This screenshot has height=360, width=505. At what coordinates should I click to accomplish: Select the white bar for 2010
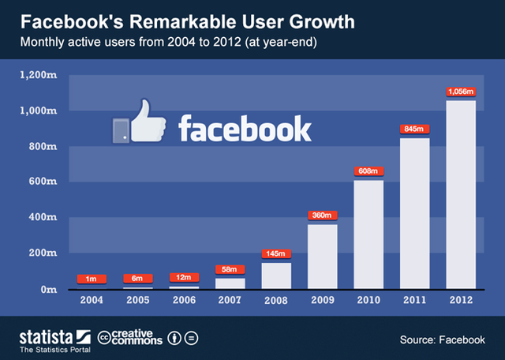pos(368,234)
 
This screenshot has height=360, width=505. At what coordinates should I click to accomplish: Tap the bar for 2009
pos(322,257)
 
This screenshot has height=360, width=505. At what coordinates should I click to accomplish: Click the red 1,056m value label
pos(461,91)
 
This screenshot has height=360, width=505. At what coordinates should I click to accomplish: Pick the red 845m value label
pos(415,129)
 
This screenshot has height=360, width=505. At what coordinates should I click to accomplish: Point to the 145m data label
pos(276,253)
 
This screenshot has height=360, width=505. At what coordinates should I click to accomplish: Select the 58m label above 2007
pos(230,269)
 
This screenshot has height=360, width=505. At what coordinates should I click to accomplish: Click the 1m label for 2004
pos(92,278)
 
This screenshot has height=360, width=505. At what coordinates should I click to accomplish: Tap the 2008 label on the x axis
pos(276,300)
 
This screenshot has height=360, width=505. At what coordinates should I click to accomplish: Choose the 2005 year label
pos(138,300)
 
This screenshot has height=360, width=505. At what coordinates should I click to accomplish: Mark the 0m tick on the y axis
pos(47,289)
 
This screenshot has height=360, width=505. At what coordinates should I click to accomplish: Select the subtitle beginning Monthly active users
pos(173,42)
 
